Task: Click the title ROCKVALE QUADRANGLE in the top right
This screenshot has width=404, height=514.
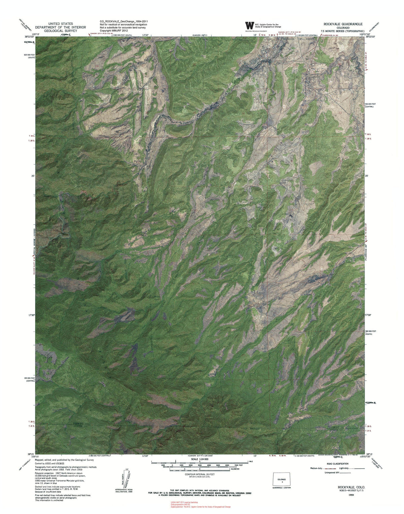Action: click(343, 24)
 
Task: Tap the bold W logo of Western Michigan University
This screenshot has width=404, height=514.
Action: click(249, 25)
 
